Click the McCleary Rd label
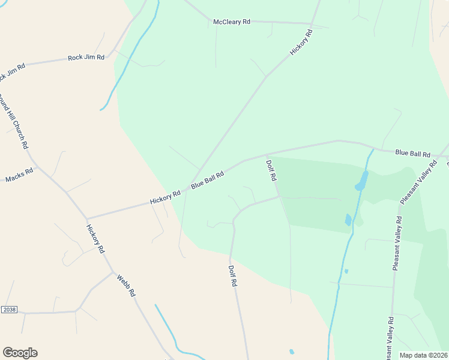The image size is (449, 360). coord(232,22)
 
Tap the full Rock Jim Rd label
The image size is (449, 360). coord(86,58)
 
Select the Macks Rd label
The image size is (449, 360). coord(19,175)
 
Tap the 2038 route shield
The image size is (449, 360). coord(9,309)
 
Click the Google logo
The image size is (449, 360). coord(20,353)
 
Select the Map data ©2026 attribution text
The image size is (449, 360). coord(423,355)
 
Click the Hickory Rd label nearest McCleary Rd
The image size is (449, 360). coord(302,43)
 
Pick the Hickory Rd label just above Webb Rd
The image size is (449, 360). coord(95,239)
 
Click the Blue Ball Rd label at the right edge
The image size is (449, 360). coord(413,154)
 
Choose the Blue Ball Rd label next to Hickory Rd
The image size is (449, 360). coord(208,179)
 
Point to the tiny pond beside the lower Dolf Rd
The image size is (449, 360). coord(292,352)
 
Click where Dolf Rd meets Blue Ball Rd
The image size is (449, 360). coord(266,156)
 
